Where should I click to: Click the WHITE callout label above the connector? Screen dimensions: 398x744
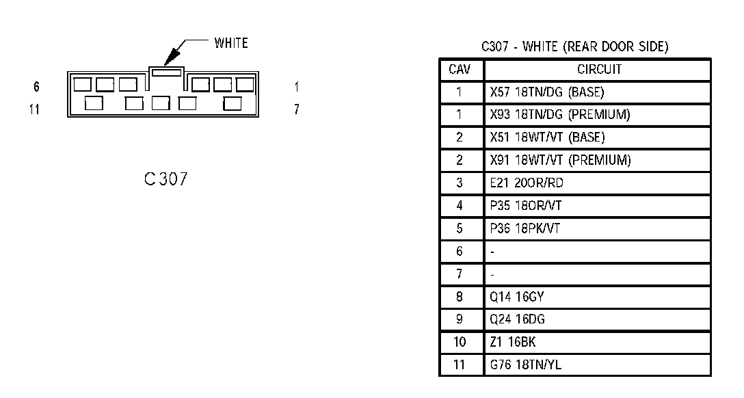tap(231, 43)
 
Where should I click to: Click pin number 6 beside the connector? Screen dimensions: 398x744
tap(36, 87)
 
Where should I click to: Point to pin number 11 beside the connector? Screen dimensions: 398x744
tap(34, 109)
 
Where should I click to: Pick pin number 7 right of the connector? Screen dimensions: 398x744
tap(296, 109)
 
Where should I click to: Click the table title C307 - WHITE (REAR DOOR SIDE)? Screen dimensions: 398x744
tap(574, 47)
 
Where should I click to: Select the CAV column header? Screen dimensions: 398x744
tap(460, 69)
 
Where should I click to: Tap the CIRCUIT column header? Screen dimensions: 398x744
tap(599, 69)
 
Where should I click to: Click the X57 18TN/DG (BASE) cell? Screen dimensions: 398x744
tap(546, 92)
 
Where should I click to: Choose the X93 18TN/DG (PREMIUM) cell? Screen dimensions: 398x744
tap(560, 114)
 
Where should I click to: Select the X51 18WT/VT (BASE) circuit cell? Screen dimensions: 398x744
tap(547, 137)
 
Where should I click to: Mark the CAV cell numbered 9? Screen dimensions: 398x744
tap(460, 319)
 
